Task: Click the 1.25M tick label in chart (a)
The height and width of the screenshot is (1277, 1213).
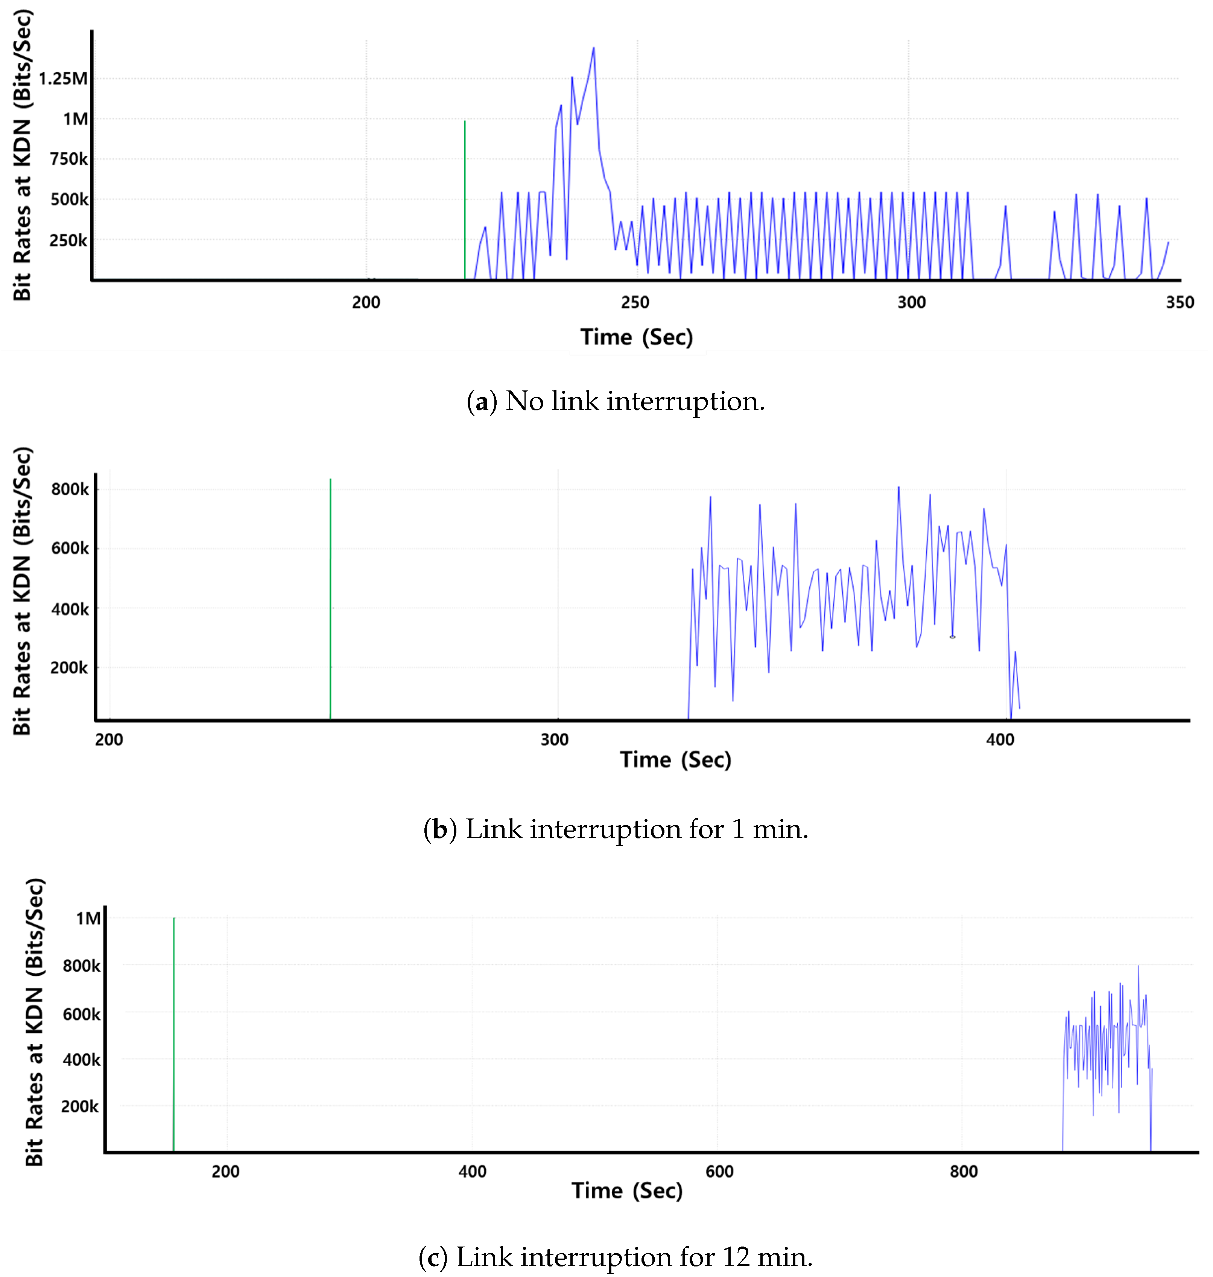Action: tap(63, 79)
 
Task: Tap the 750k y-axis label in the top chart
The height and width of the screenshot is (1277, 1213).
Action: tap(68, 159)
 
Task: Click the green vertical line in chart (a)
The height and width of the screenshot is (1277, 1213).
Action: tap(464, 200)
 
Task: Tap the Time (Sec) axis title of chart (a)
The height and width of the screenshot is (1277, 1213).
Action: tap(636, 337)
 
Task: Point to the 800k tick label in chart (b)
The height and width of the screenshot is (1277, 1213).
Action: tap(70, 489)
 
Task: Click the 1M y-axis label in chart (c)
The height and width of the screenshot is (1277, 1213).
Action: tap(88, 918)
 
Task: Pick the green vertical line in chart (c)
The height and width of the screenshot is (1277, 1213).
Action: tap(173, 1034)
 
